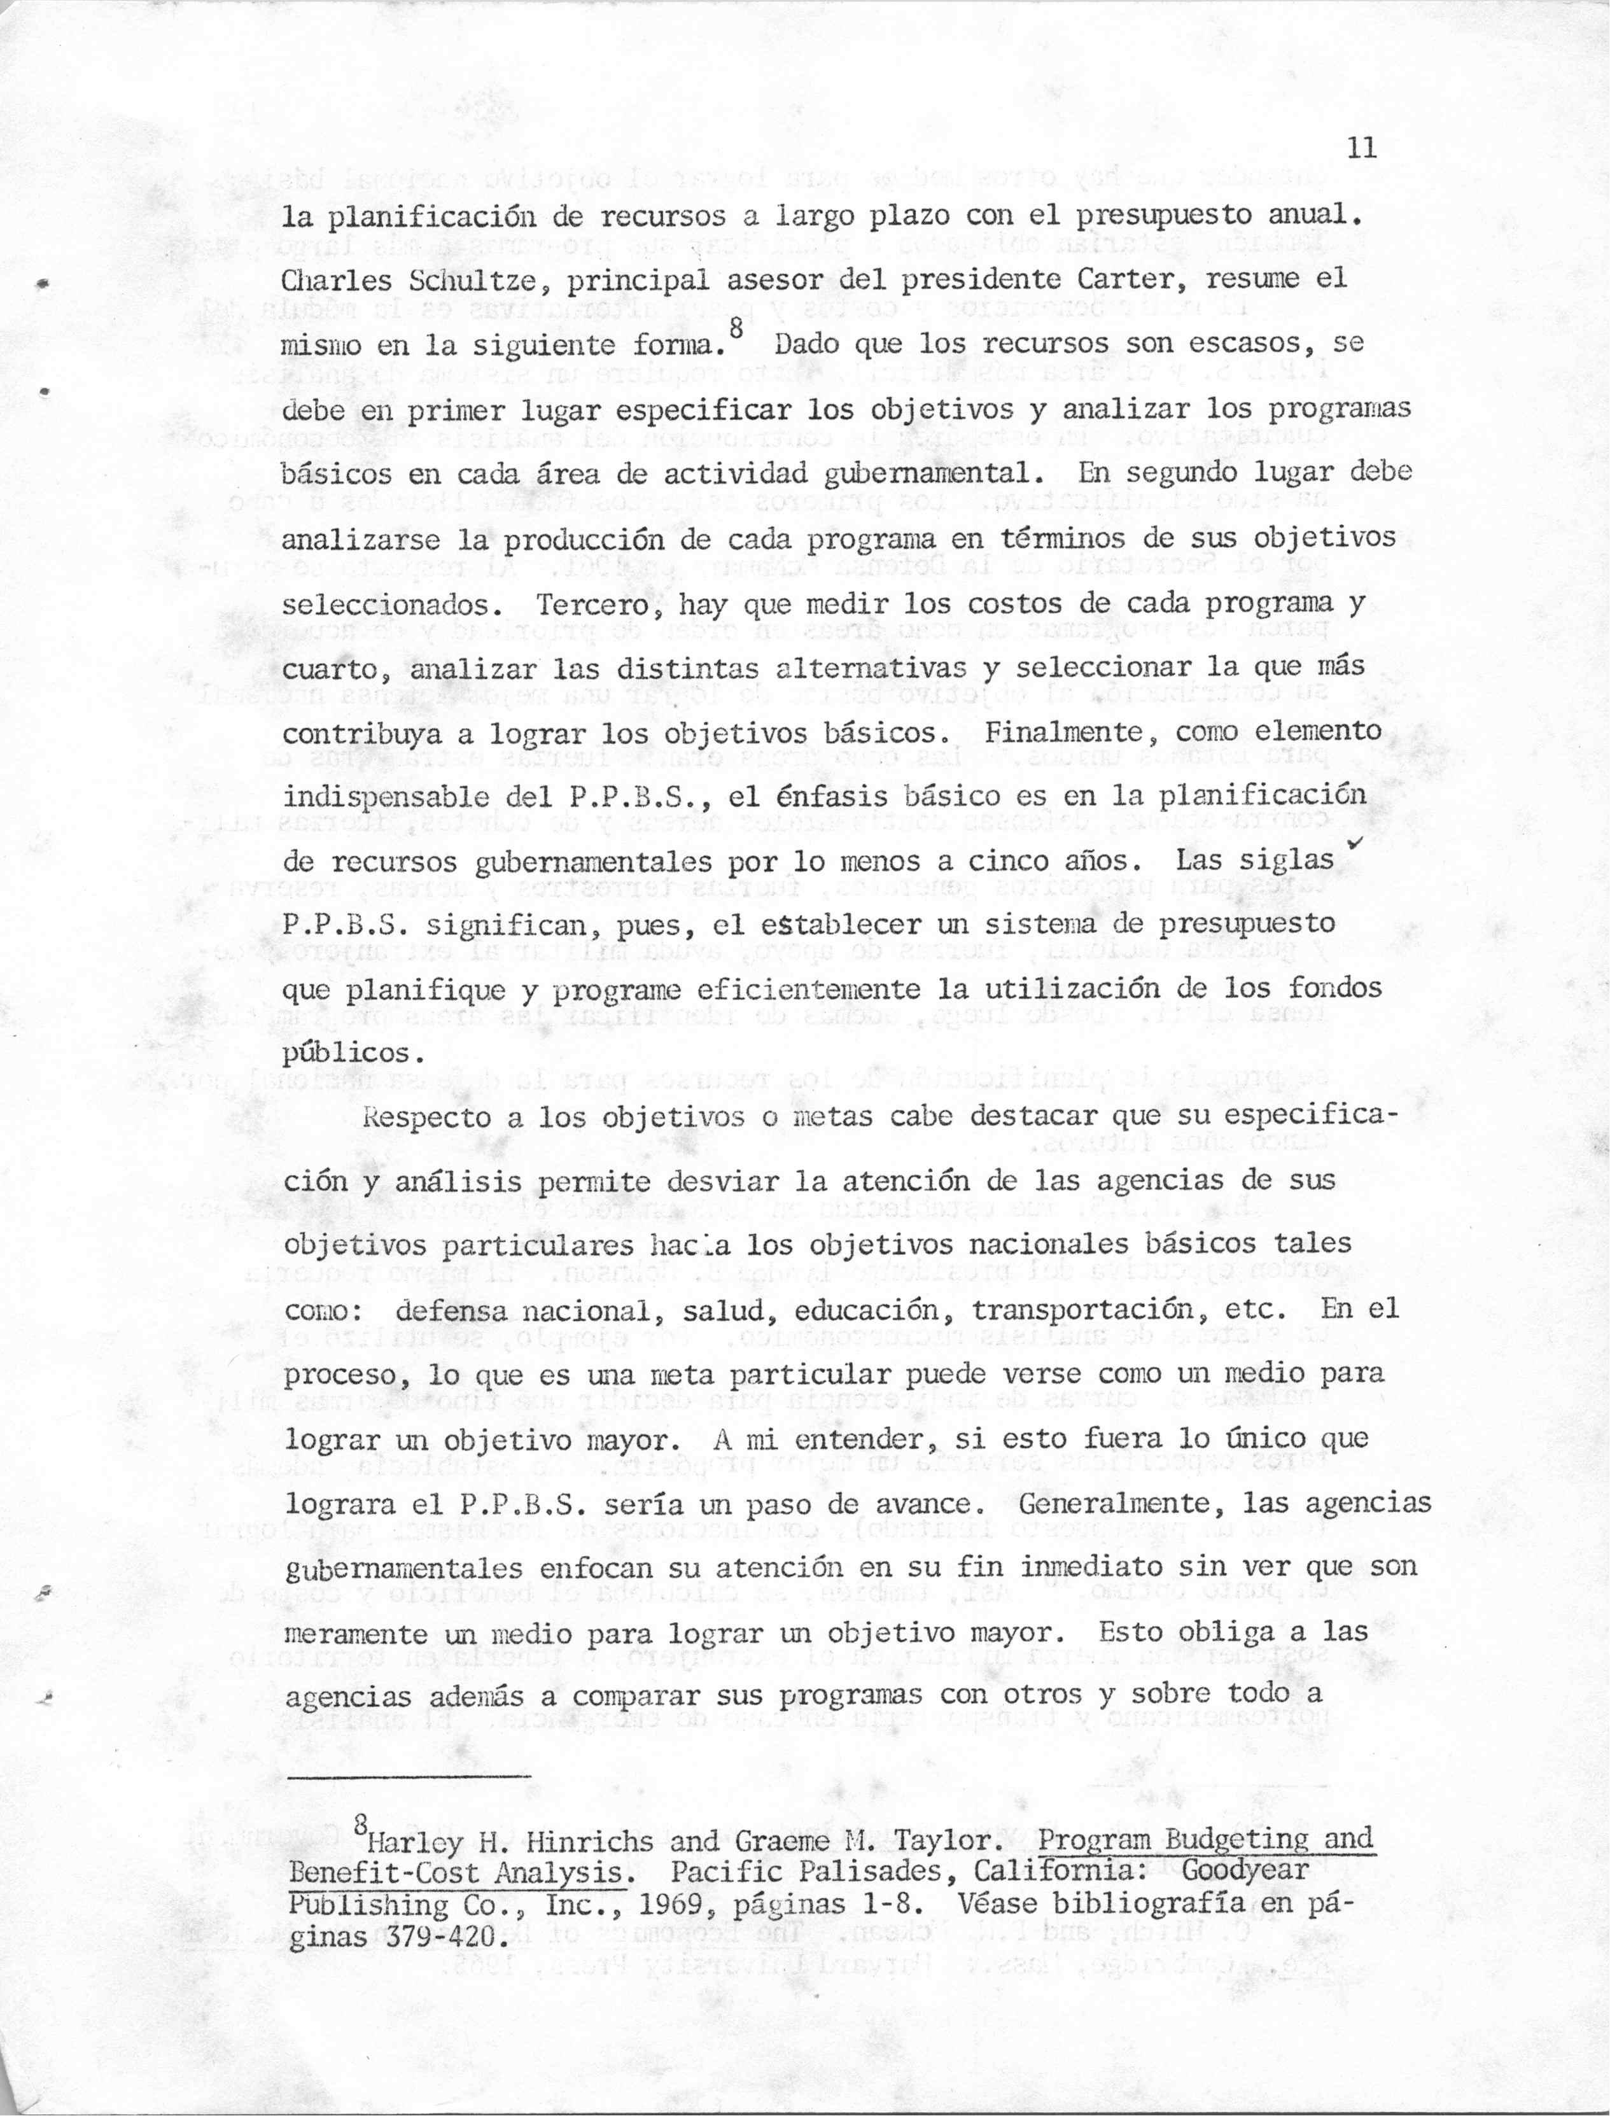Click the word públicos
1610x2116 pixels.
[x=353, y=1053]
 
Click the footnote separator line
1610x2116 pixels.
[x=407, y=1777]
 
